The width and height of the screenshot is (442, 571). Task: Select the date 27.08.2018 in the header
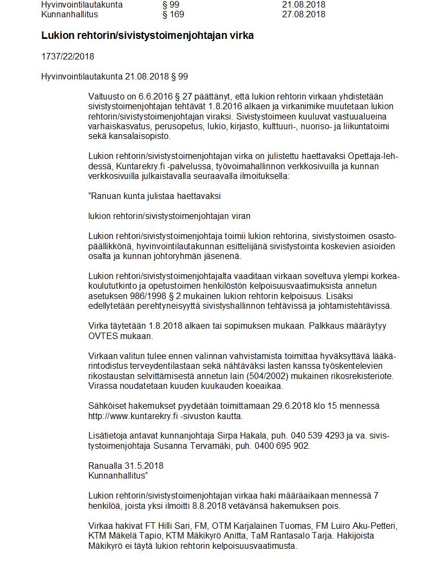tap(303, 15)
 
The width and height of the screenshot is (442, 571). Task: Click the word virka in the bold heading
tap(243, 36)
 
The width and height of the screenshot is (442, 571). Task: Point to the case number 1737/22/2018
tap(68, 57)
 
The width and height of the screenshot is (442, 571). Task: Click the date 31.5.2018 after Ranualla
tap(144, 466)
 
